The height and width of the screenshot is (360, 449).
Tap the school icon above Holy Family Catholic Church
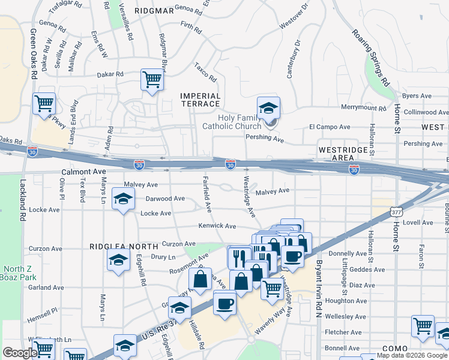click(x=269, y=108)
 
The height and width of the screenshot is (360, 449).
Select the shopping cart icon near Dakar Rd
click(x=152, y=79)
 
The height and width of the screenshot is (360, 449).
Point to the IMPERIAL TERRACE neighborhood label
click(x=200, y=100)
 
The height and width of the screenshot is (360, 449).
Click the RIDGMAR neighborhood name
click(x=150, y=11)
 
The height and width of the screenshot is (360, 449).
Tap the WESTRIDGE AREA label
click(x=340, y=153)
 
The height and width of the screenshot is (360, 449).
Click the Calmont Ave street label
click(x=79, y=172)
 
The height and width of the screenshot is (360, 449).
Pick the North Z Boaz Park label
click(x=20, y=273)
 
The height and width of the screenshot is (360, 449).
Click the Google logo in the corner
click(x=20, y=353)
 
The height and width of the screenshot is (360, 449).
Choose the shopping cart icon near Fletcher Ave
click(x=423, y=326)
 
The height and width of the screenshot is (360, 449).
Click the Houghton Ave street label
click(x=346, y=301)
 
